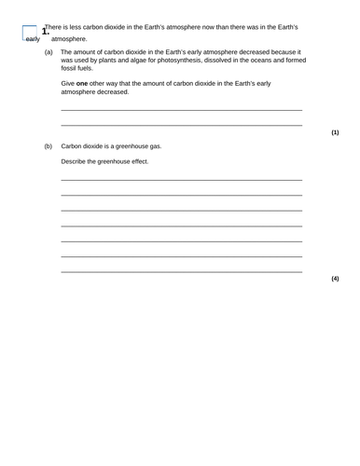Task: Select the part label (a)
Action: (48, 52)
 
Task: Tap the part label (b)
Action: (48, 146)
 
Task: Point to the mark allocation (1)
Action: (335, 132)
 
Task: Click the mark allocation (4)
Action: (335, 279)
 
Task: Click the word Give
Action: (68, 84)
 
